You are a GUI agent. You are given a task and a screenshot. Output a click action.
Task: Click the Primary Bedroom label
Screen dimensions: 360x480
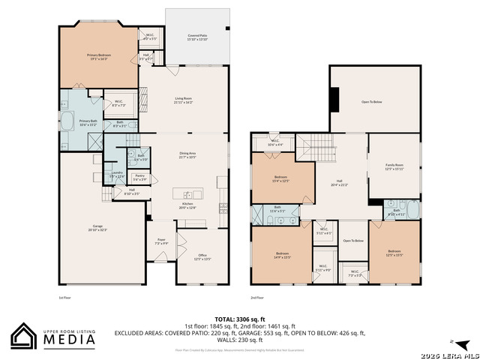click(98, 56)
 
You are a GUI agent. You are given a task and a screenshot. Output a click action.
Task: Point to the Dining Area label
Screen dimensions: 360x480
click(187, 155)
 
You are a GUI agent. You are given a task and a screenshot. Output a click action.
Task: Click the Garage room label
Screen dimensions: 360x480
click(97, 227)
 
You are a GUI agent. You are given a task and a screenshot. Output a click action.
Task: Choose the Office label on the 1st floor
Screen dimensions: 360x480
click(202, 256)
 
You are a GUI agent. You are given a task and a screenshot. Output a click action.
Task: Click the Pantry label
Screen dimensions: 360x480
click(139, 178)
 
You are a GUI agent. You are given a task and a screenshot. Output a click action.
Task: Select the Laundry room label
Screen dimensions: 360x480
click(117, 174)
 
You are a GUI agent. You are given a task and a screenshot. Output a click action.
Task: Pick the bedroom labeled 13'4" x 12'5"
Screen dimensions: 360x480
click(276, 179)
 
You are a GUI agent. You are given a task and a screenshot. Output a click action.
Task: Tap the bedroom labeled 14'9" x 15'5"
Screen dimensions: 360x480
click(282, 254)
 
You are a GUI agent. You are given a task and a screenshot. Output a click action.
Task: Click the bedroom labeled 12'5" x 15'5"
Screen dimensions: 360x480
click(394, 253)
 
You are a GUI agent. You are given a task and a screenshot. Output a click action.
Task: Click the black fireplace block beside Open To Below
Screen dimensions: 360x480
click(335, 99)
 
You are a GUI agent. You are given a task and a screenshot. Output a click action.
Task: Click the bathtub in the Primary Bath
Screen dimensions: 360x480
click(67, 121)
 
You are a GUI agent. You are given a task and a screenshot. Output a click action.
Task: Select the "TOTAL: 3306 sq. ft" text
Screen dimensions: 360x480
click(239, 319)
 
